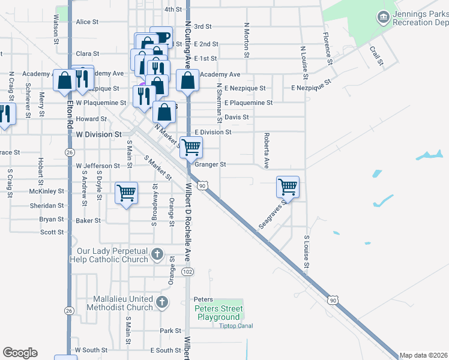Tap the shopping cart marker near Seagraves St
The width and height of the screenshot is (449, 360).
[x=288, y=187]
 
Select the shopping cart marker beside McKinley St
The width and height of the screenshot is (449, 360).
[x=126, y=193]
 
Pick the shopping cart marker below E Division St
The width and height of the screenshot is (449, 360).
[x=191, y=147]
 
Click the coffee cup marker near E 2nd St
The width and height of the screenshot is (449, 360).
[x=161, y=37]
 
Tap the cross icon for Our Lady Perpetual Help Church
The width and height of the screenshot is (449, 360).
[x=157, y=254]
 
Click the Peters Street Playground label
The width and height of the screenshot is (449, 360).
[x=218, y=313]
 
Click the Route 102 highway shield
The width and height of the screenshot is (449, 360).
[x=188, y=272]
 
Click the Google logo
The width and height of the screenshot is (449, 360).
[x=20, y=353]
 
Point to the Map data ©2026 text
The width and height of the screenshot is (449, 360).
[x=424, y=355]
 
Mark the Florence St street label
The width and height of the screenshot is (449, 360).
[x=328, y=49]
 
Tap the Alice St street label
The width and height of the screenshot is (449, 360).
[x=87, y=22]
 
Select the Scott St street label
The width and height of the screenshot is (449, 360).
[x=52, y=232]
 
